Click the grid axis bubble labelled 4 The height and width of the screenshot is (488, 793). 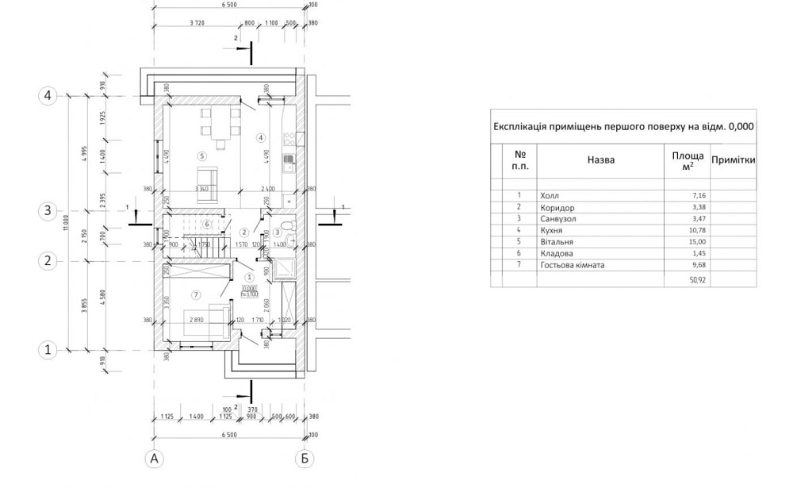(48, 96)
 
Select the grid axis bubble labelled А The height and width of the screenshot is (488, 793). (155, 458)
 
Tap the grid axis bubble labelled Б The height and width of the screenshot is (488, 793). (304, 458)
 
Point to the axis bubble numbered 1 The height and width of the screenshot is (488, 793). (48, 348)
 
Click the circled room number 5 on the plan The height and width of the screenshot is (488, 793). (202, 156)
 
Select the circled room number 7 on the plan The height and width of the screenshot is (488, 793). (196, 295)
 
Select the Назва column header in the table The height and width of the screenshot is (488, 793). (600, 159)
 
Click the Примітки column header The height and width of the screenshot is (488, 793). (732, 159)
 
